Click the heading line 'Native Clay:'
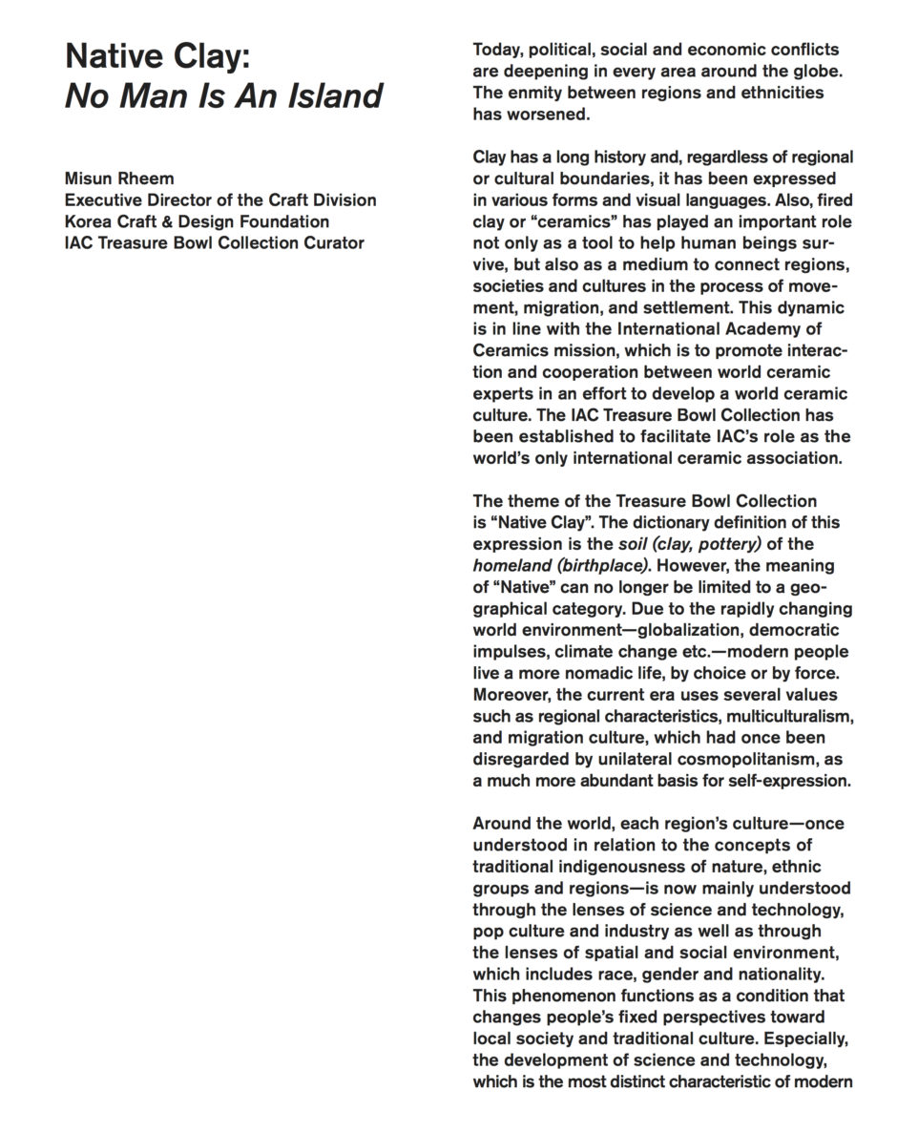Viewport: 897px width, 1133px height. coord(157,58)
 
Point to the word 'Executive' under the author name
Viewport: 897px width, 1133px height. coord(104,199)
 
